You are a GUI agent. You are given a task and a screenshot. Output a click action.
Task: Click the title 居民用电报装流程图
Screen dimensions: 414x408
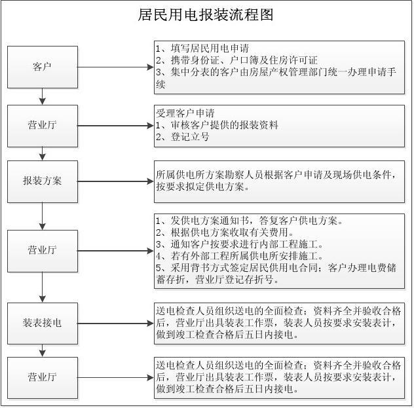pos(206,15)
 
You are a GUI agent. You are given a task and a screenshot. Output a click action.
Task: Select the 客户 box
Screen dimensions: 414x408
pos(43,67)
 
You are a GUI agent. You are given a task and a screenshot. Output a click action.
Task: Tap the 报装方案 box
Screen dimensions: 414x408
pos(43,181)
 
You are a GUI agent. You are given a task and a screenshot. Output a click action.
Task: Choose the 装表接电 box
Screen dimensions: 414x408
pos(43,324)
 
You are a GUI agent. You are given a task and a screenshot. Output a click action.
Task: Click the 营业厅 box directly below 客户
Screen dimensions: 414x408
pos(43,126)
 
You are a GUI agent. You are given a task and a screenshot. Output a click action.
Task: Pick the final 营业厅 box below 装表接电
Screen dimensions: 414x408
pos(43,378)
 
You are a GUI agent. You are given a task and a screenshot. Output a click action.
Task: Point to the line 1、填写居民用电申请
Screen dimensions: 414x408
pos(202,48)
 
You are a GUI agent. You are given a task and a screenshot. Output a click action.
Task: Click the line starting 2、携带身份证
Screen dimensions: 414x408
pos(236,60)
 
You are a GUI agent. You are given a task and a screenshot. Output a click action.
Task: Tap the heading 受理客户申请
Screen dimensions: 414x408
pos(185,113)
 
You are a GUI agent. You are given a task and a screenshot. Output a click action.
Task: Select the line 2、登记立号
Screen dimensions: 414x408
pos(183,137)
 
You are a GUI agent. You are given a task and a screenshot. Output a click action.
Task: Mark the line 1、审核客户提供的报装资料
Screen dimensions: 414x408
pos(217,125)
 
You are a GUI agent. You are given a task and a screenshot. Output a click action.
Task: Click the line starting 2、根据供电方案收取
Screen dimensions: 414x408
pos(225,232)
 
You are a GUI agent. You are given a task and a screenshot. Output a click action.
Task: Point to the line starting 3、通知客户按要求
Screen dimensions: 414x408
pos(240,244)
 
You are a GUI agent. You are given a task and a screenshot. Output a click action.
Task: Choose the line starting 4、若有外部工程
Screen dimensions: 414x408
pos(240,255)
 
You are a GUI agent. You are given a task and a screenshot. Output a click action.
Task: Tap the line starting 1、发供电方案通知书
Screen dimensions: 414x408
pos(249,220)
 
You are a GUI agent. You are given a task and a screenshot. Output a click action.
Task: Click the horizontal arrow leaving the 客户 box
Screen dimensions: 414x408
pos(116,67)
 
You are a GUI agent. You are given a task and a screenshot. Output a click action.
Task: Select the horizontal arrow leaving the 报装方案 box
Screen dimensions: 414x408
pos(116,181)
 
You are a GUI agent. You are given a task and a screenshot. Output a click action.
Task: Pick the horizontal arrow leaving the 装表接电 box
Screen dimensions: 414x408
pos(116,324)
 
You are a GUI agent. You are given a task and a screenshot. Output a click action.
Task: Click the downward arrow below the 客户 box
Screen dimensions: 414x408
pos(43,96)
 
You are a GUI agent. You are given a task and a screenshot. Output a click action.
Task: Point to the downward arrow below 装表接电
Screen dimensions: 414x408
pos(43,350)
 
